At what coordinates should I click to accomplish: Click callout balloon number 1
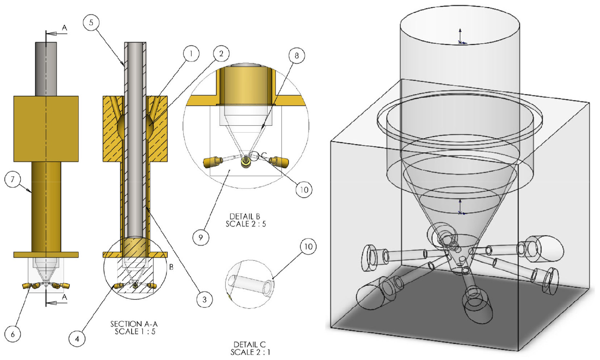191,54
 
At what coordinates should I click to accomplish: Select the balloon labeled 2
221,54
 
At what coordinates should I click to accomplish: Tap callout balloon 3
205,299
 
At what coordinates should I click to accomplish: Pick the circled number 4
77,339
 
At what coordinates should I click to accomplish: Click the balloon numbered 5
91,23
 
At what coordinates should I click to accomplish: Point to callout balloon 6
13,334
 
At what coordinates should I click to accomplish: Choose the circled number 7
13,179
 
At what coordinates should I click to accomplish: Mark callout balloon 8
297,56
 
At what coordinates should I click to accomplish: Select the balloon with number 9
201,237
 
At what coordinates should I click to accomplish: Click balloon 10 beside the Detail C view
308,246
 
